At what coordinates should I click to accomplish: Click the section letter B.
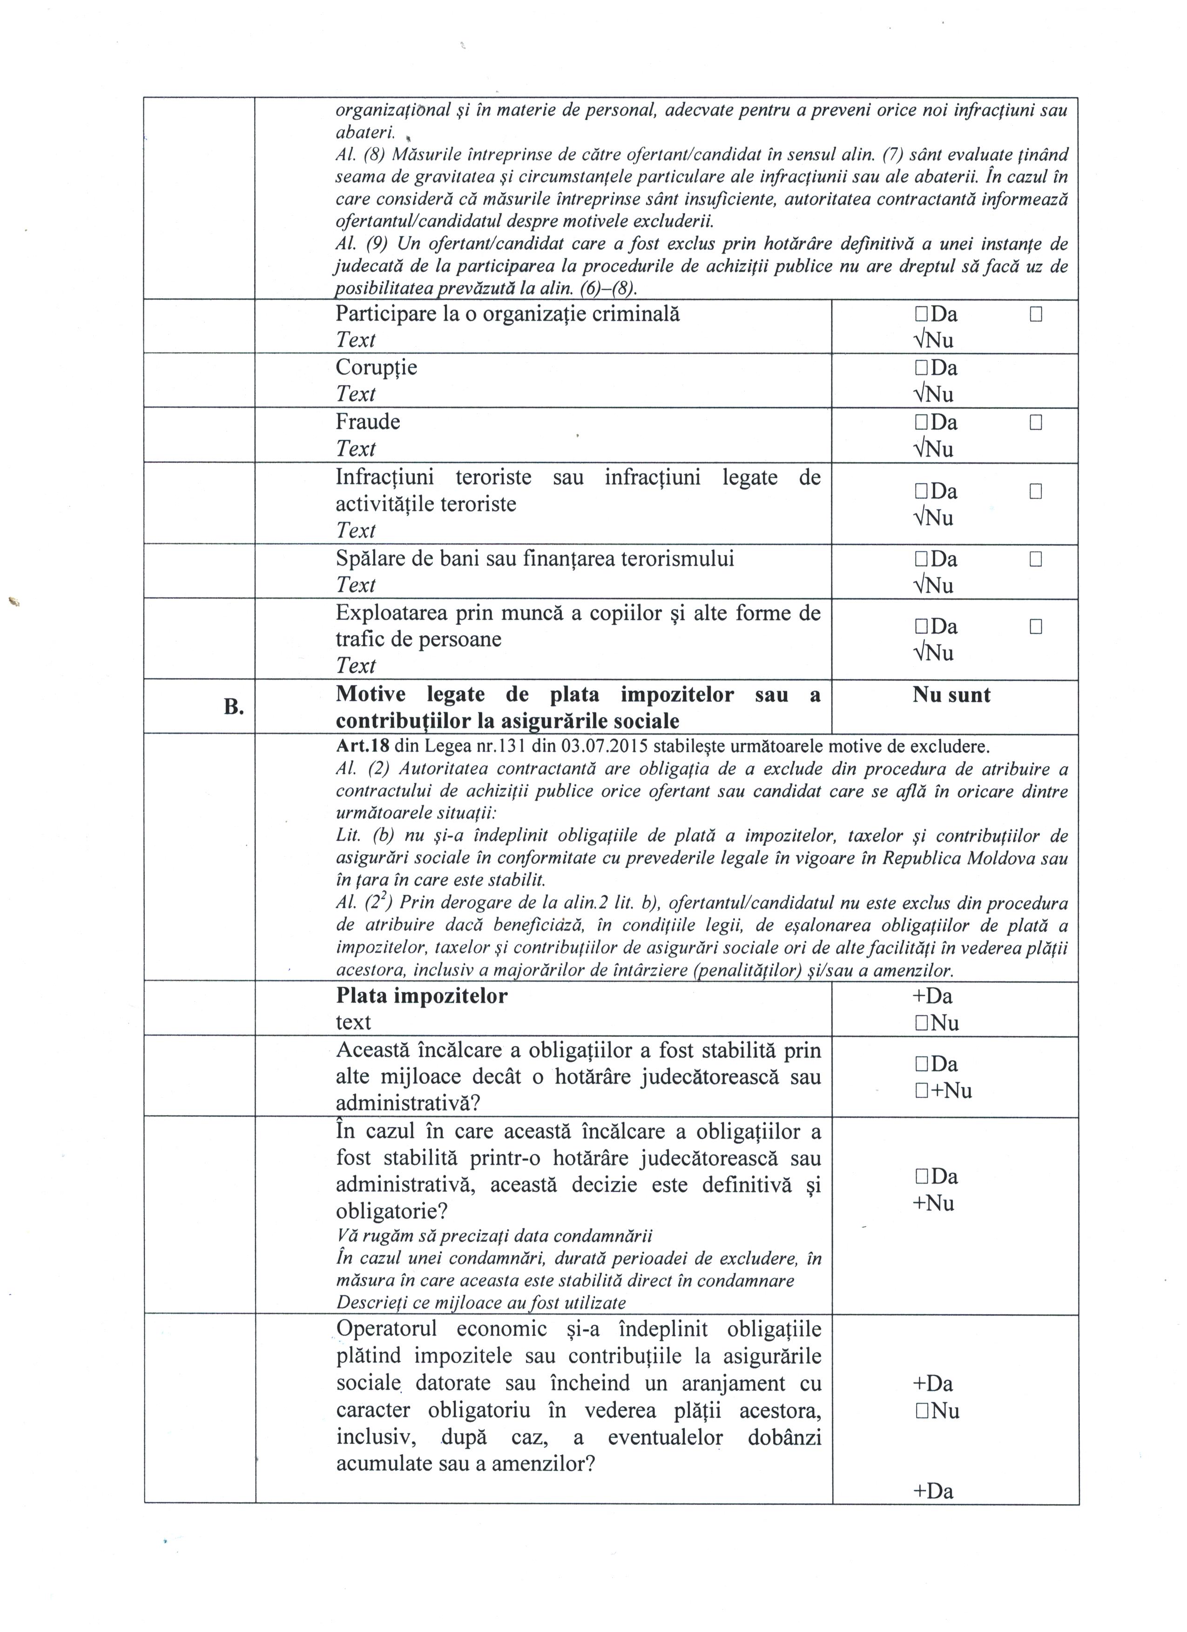[x=232, y=707]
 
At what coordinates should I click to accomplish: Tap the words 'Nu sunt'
[x=951, y=695]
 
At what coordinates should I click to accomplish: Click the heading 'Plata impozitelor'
[x=421, y=996]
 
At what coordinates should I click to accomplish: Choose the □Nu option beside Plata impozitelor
[x=937, y=1023]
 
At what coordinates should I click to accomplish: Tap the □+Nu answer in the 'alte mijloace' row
[x=943, y=1091]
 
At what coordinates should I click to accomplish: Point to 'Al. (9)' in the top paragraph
[x=362, y=244]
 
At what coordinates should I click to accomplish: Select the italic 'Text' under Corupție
[x=356, y=395]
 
